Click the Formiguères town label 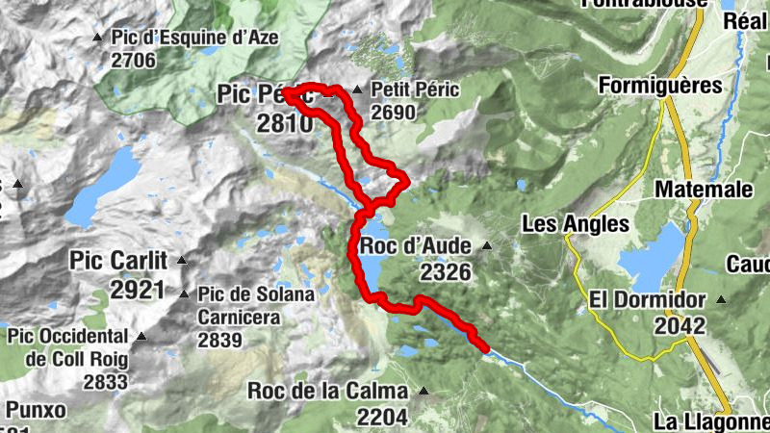click(x=659, y=86)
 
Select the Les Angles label click(x=575, y=225)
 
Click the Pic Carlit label click(x=118, y=261)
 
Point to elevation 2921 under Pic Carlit click(x=138, y=290)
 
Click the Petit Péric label click(x=415, y=90)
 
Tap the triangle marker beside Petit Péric click(x=357, y=90)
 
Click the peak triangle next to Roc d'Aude click(x=486, y=246)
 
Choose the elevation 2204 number click(x=381, y=417)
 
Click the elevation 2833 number click(x=105, y=382)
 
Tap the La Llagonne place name click(x=709, y=421)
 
